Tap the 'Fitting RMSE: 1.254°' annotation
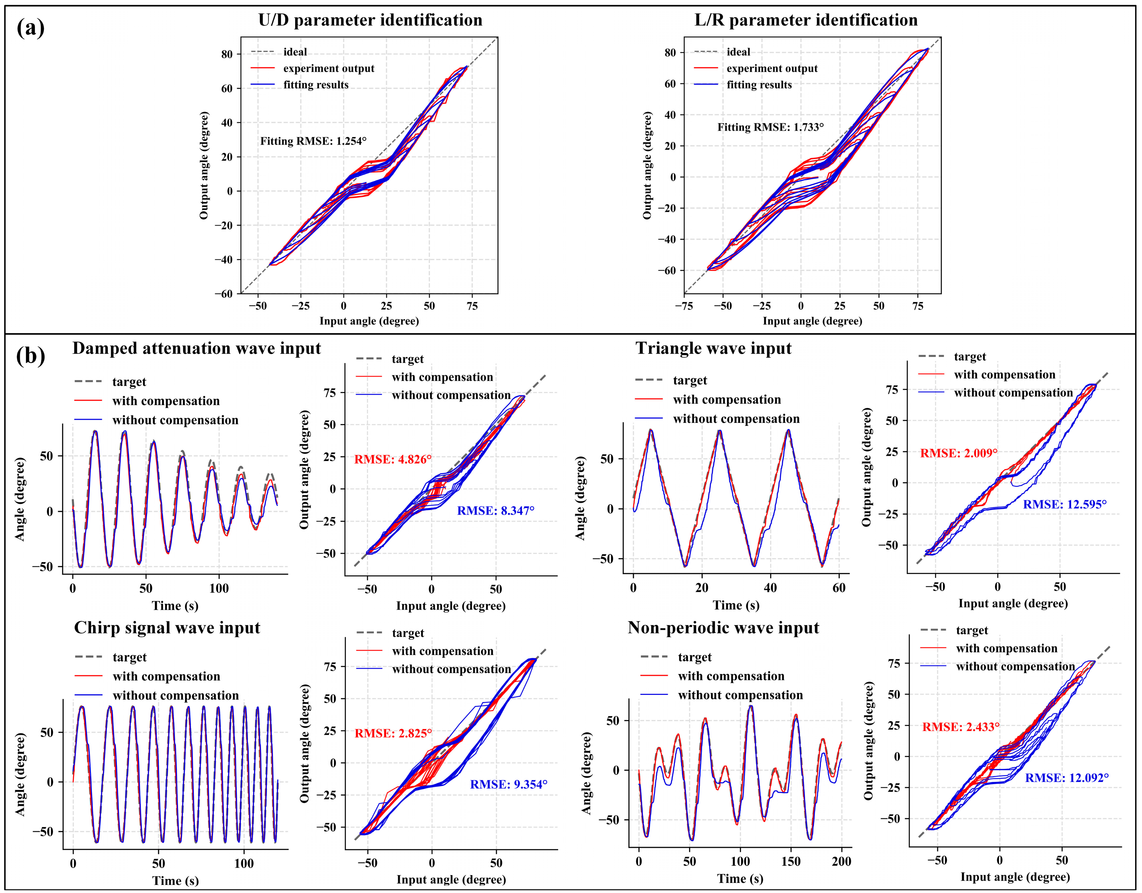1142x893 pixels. coord(313,141)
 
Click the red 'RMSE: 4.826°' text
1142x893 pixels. coord(393,459)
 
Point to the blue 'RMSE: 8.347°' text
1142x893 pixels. coord(496,510)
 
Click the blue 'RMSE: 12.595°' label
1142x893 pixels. coord(1065,504)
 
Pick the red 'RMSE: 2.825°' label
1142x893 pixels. coord(393,734)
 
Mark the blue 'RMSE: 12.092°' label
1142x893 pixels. coord(1067,778)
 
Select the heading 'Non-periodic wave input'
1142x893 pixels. coord(723,628)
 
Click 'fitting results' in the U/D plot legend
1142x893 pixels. coord(316,85)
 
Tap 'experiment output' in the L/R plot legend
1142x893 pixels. coord(772,69)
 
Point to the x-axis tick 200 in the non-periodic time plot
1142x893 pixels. coord(841,862)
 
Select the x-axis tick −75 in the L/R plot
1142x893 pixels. coord(685,306)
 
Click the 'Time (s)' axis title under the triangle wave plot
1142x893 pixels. coord(736,605)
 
